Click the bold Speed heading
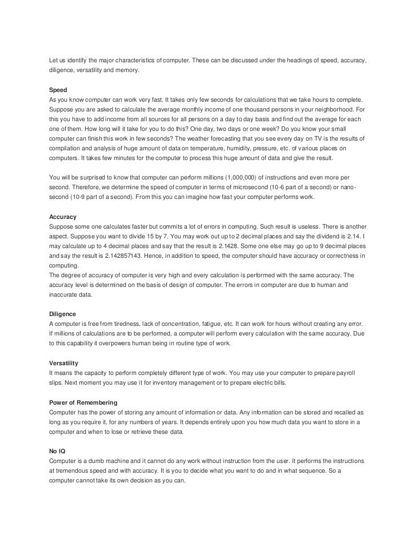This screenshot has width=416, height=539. pyautogui.click(x=59, y=90)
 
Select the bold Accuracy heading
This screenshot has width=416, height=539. pyautogui.click(x=64, y=218)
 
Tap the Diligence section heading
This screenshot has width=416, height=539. pyautogui.click(x=64, y=314)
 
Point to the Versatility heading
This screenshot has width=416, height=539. pyautogui.click(x=65, y=363)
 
